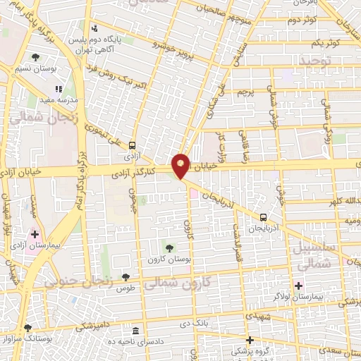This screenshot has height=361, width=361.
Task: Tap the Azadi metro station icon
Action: tap(132, 145)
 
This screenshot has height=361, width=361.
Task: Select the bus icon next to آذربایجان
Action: tap(263, 217)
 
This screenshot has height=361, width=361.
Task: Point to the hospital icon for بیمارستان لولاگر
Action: tap(298, 286)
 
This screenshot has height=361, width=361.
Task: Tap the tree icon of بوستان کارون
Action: tap(169, 246)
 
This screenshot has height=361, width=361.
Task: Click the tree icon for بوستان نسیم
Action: tap(36, 56)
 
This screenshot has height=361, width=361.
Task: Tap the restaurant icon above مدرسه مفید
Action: tap(59, 89)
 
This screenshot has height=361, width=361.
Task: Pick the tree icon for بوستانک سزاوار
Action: tap(27, 327)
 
